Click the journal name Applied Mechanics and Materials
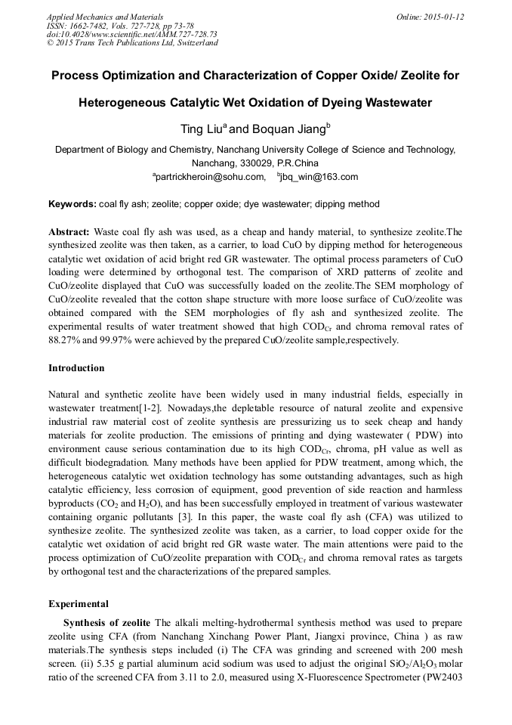tap(104, 17)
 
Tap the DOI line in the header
tap(132, 34)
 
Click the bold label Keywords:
tap(72, 204)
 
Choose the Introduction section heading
tap(76, 368)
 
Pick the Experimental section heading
tap(79, 604)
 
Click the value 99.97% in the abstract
tap(116, 340)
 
